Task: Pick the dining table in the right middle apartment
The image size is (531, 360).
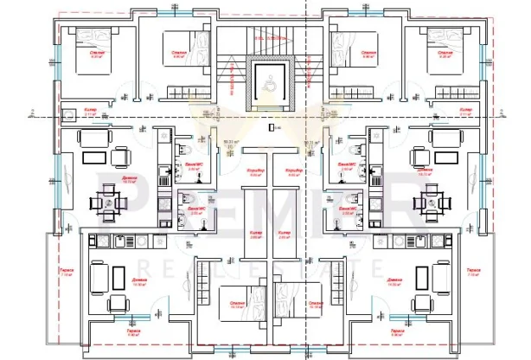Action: click(x=430, y=202)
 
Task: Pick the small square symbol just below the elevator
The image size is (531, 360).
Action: click(x=272, y=128)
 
